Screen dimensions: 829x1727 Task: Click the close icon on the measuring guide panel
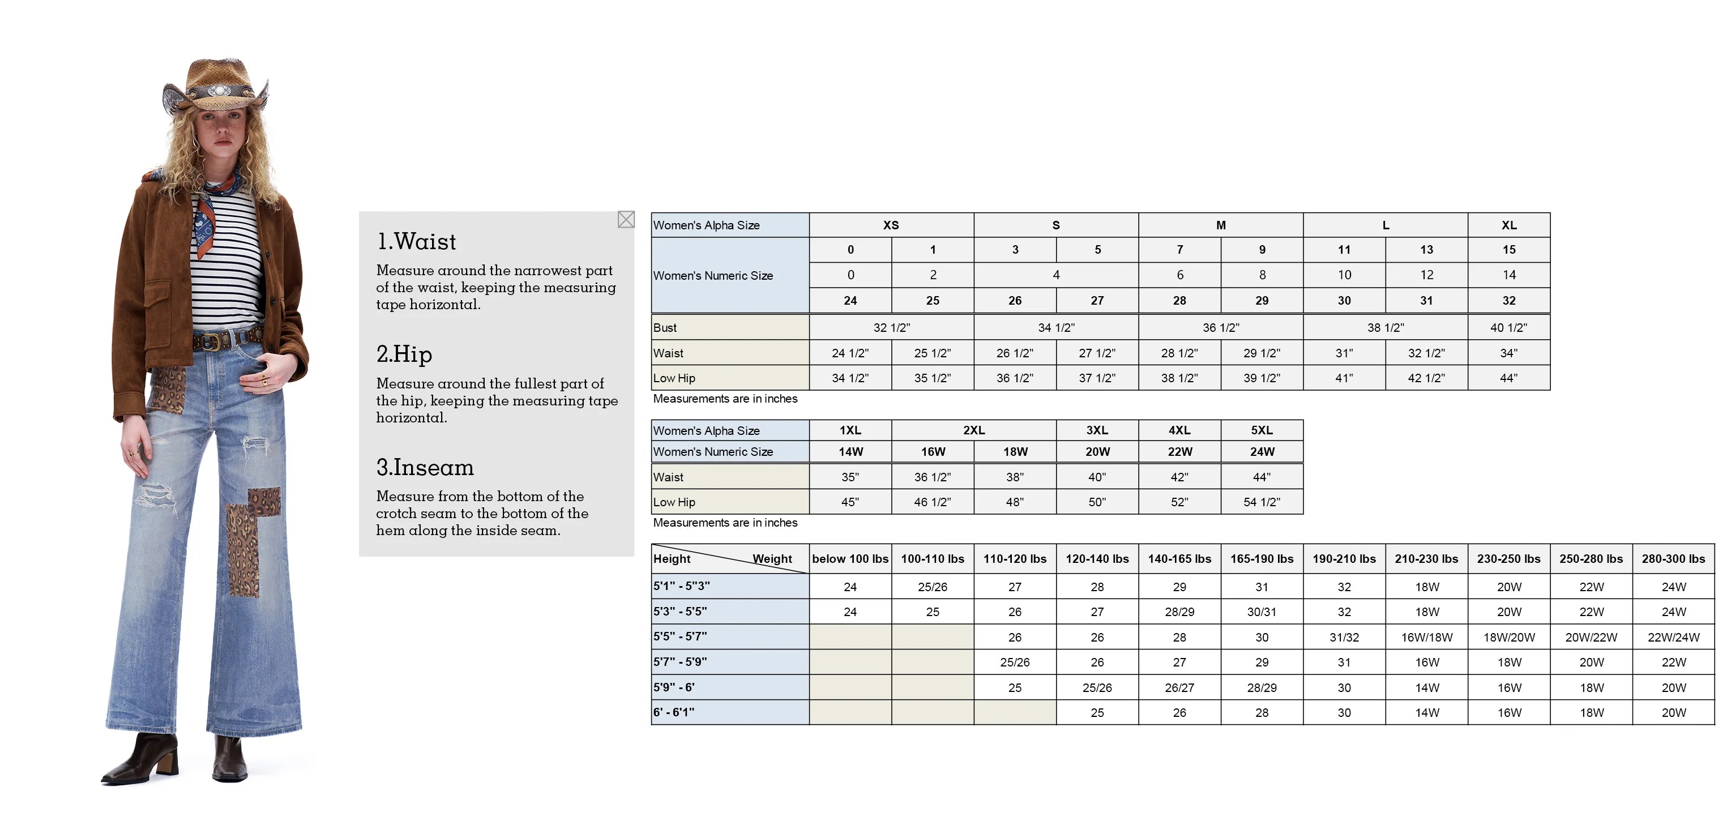(626, 219)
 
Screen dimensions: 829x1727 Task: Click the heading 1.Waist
(416, 241)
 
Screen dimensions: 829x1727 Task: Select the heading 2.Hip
(404, 354)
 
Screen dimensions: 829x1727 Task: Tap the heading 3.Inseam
(425, 468)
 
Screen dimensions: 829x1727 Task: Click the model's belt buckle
(210, 341)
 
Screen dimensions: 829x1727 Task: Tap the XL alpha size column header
(1508, 225)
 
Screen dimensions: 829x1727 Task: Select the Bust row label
(665, 328)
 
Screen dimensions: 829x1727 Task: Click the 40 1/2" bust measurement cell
(1508, 328)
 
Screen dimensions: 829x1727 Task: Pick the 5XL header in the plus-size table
(1262, 430)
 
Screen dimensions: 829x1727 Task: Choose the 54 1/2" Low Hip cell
(1262, 502)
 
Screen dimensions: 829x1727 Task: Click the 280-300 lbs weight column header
(1673, 559)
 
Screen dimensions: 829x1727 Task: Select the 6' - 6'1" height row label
(674, 712)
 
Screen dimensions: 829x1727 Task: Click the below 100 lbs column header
(850, 559)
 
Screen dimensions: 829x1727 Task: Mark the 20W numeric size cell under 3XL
(1097, 452)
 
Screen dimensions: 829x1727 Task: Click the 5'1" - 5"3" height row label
(681, 586)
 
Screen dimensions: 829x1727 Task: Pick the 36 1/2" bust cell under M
(1221, 328)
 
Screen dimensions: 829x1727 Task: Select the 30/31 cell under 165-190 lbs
(1262, 612)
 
